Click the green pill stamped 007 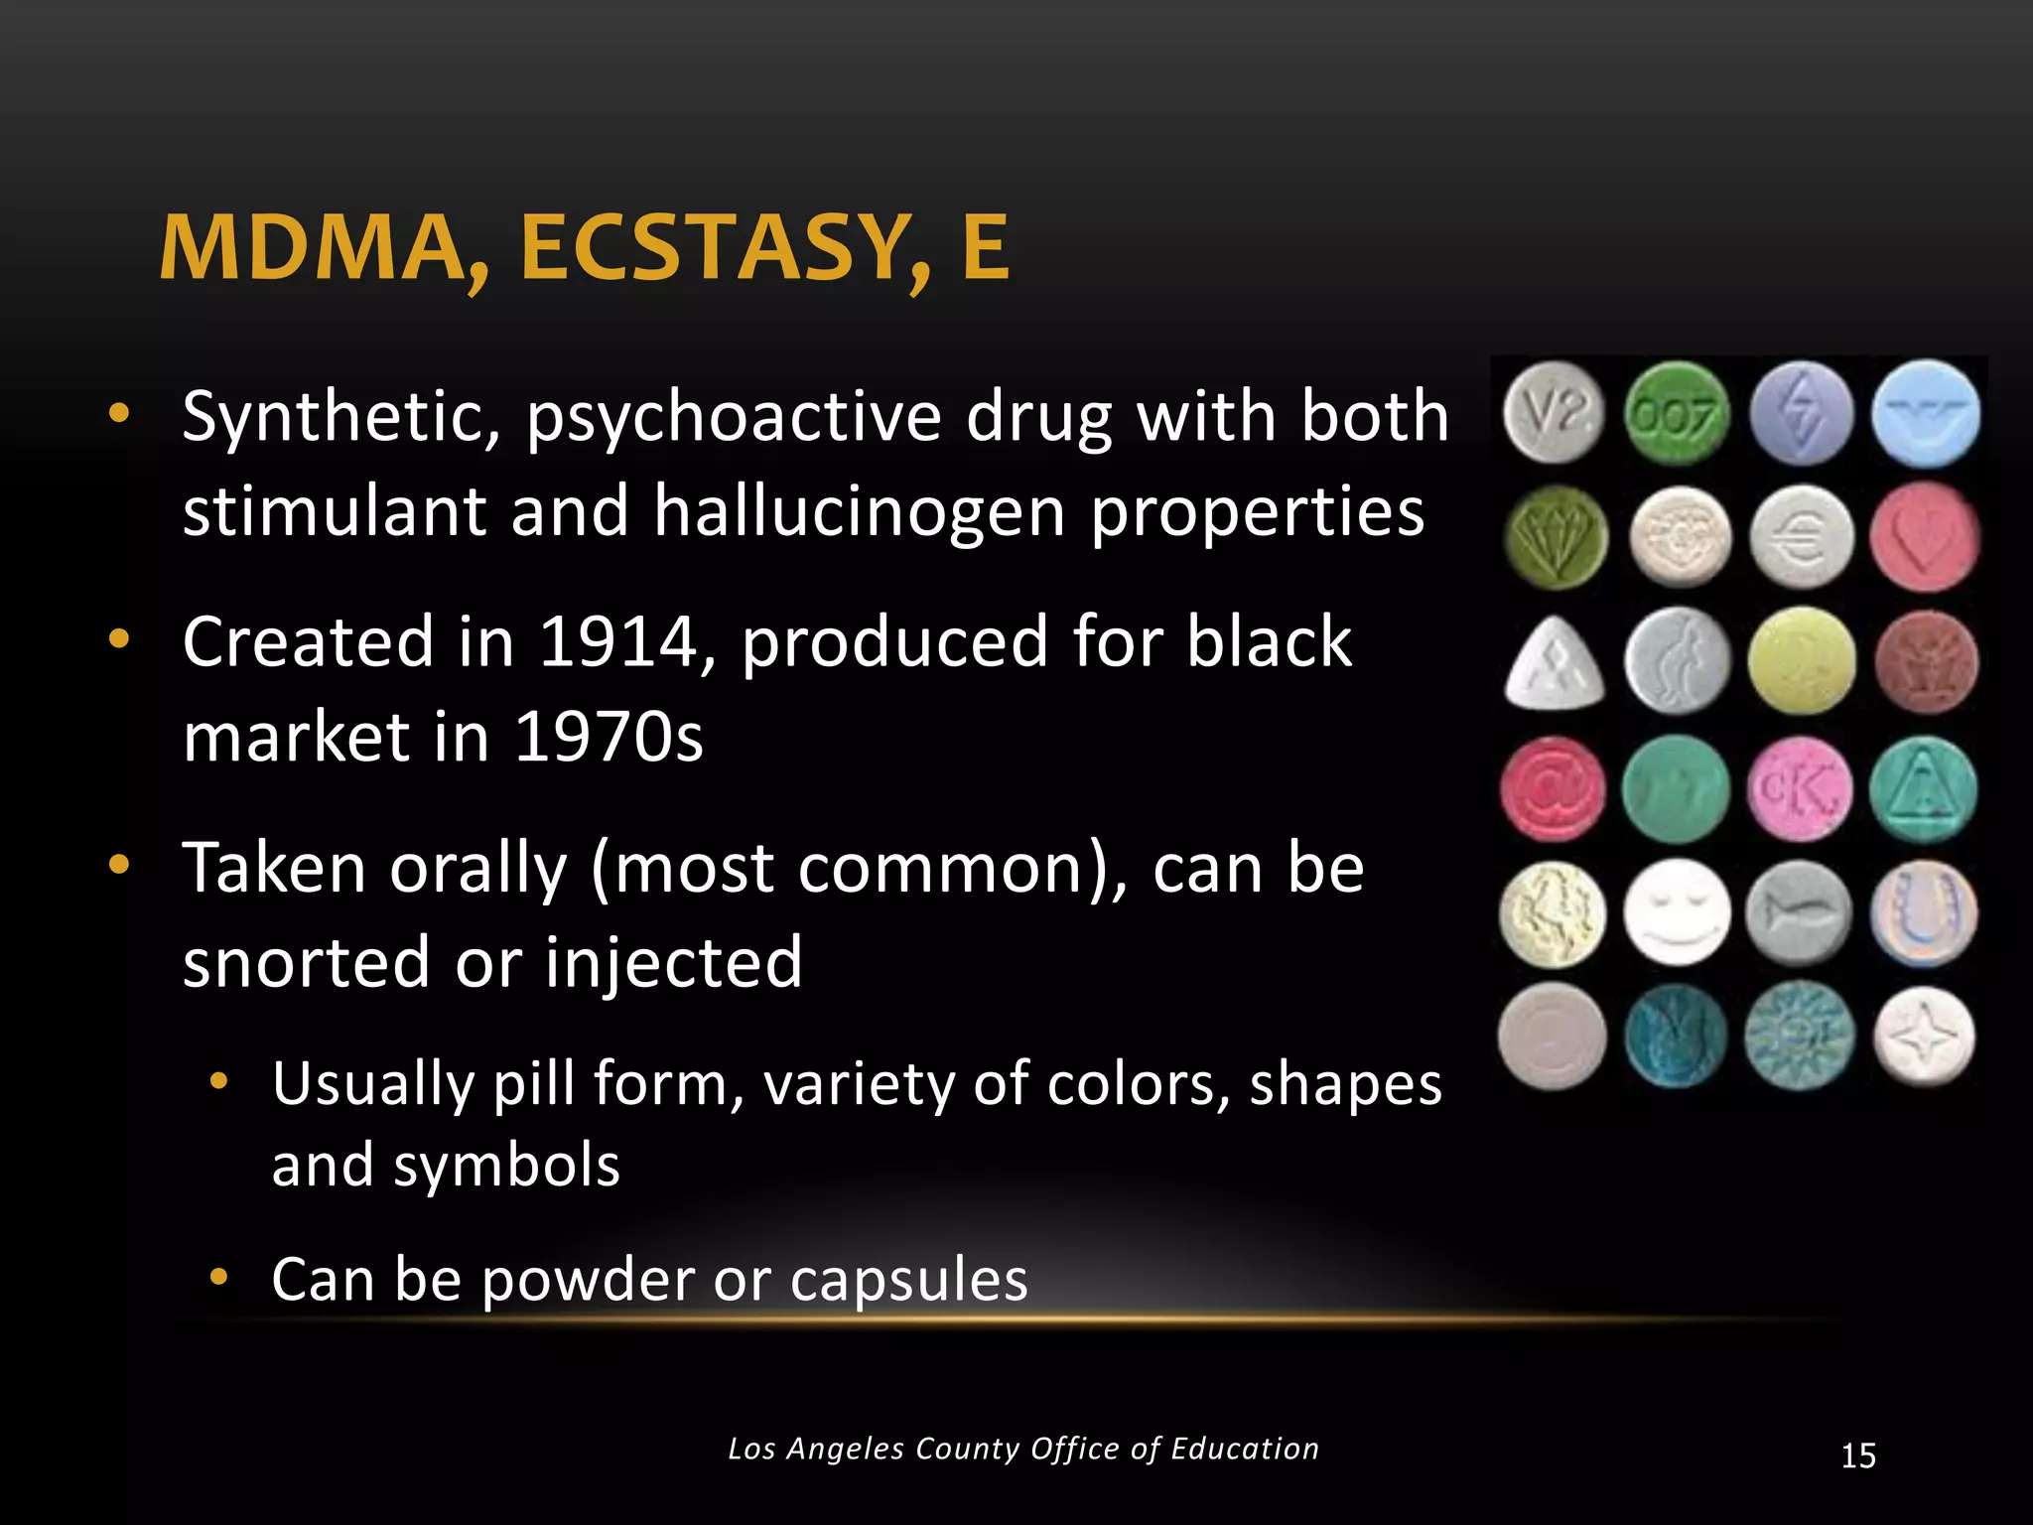[x=1677, y=414]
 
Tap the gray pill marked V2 [x=1553, y=412]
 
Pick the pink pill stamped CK [x=1800, y=789]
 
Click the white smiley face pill [x=1677, y=912]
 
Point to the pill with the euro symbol [x=1801, y=537]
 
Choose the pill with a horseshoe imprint [x=1923, y=912]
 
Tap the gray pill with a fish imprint [x=1798, y=912]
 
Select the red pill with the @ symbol [x=1553, y=789]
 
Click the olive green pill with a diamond [x=1556, y=537]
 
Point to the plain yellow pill [x=1801, y=662]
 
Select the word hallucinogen [x=860, y=512]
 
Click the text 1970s [x=608, y=737]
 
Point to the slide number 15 [x=1857, y=1456]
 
